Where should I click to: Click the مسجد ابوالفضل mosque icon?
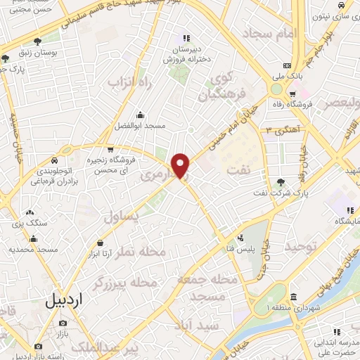pos(141,115)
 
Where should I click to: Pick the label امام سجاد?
pos(270,33)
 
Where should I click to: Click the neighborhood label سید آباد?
pos(200,324)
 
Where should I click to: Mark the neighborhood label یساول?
pos(123,217)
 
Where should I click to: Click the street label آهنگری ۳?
pos(279,129)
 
